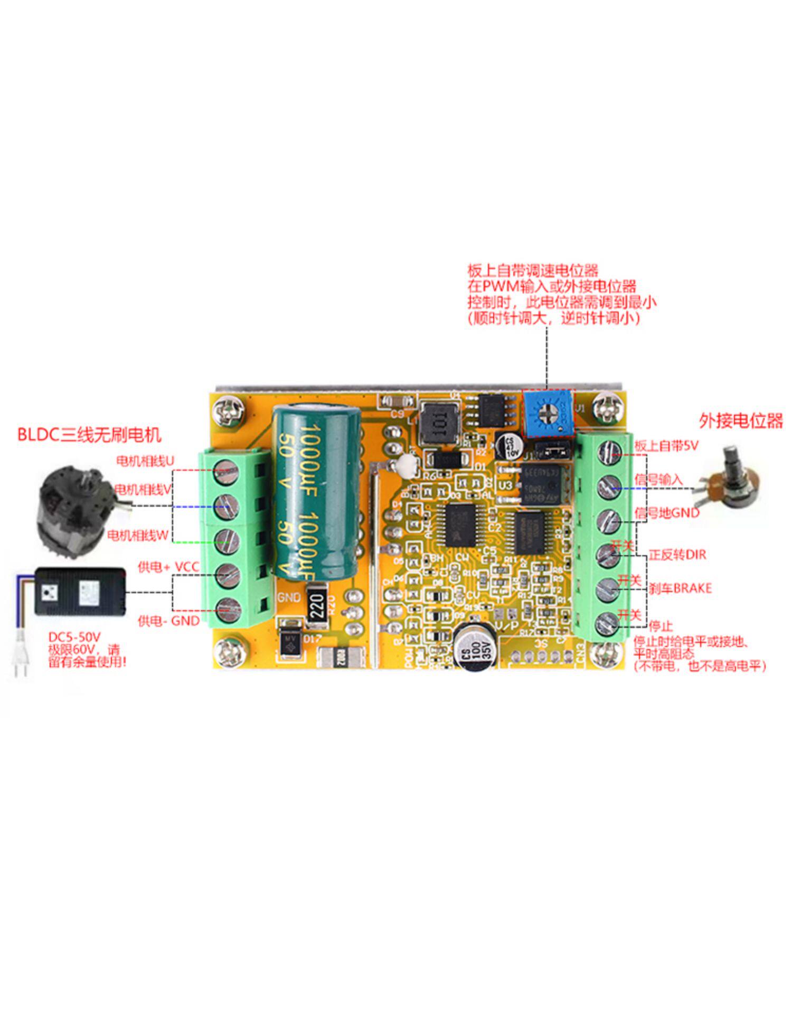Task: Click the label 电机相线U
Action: (x=145, y=461)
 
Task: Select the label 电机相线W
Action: (x=138, y=536)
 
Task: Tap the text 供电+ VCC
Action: (x=168, y=567)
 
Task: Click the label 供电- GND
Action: (x=168, y=621)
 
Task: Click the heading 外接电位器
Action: (x=740, y=421)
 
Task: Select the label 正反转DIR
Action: (x=677, y=555)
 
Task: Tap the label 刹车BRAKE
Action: (x=680, y=588)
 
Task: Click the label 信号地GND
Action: (x=666, y=513)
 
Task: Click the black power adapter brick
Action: (x=80, y=591)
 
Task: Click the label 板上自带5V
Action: (x=666, y=446)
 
